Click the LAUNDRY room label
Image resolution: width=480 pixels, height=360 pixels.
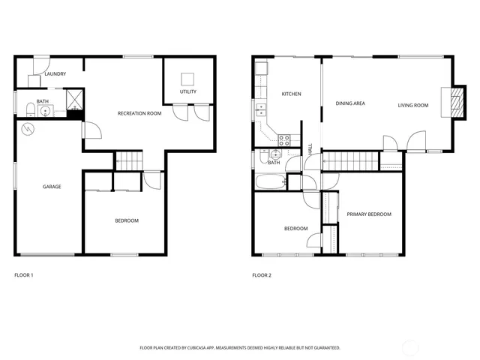point(55,74)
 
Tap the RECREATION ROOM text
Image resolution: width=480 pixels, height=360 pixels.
point(139,113)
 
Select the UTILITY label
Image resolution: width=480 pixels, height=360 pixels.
point(187,91)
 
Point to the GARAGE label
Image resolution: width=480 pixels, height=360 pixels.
point(52,186)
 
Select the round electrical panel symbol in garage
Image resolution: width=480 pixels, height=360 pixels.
point(28,129)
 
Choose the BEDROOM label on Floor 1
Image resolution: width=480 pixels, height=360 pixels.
point(126,220)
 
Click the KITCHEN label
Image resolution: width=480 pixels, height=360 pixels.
point(291,94)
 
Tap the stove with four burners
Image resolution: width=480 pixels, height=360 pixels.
point(285,138)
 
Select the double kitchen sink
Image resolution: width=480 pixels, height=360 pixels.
point(261,111)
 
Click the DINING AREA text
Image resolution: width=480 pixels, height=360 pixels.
point(350,103)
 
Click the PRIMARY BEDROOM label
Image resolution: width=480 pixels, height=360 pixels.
point(369,214)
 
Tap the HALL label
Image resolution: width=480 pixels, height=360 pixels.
point(310,149)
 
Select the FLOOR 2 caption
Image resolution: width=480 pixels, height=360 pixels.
point(262,275)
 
